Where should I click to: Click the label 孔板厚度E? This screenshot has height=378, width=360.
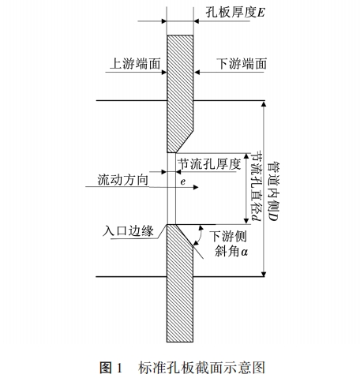235,13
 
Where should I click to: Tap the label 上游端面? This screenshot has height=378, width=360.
135,64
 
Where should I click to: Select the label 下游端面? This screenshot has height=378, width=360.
242,64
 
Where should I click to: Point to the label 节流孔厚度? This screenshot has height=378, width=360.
209,164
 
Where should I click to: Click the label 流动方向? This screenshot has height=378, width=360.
123,180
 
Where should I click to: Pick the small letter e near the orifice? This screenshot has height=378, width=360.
183,182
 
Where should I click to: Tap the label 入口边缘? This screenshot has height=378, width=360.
128,231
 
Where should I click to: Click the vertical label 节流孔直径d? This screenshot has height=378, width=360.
256,186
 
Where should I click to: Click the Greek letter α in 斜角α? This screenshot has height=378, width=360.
244,253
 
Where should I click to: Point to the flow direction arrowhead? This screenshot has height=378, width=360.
196,187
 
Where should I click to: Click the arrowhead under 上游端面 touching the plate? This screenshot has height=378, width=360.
164,72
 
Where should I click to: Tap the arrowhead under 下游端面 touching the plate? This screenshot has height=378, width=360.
197,72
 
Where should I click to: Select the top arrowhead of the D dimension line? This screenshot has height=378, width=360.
264,103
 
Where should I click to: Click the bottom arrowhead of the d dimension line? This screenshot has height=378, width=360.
246,221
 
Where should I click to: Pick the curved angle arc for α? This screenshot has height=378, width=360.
201,235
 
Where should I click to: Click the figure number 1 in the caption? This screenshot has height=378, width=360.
120,368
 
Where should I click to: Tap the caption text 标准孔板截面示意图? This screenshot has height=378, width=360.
201,368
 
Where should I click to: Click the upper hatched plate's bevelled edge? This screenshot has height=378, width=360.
185,141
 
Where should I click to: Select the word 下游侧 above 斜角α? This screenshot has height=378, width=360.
228,236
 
